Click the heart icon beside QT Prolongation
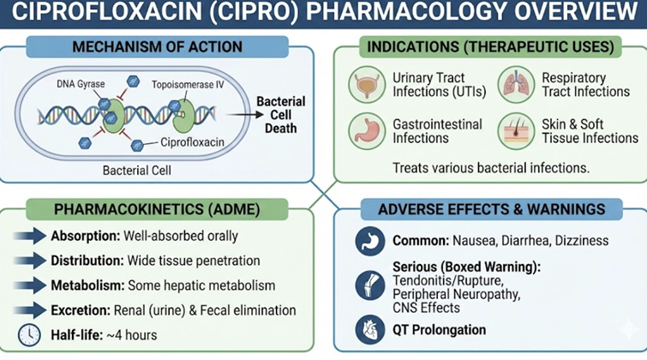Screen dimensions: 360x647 (369, 330)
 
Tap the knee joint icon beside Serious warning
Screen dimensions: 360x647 (369, 284)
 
